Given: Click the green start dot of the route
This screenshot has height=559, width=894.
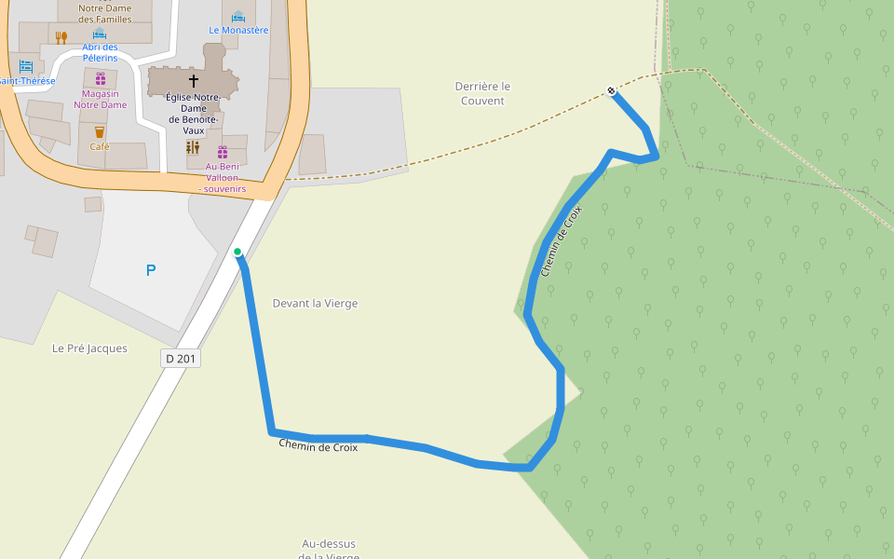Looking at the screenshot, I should (237, 252).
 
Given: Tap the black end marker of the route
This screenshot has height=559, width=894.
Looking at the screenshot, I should (611, 90).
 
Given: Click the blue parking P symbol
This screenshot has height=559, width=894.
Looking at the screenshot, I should (151, 270).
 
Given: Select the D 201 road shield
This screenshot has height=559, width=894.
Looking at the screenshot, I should (182, 358).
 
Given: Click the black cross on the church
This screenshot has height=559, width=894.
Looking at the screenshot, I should (194, 81).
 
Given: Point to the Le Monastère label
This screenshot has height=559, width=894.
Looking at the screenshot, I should (238, 30).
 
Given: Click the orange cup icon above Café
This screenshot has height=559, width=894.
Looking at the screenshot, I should (100, 131).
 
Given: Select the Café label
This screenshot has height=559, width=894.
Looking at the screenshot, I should (100, 146).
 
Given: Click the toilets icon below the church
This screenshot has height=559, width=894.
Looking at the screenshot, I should (193, 147).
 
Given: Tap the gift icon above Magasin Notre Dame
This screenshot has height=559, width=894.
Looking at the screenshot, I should (100, 78).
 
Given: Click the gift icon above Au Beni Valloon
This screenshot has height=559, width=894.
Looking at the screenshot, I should (223, 152).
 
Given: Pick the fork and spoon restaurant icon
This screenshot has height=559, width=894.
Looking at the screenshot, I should (61, 37).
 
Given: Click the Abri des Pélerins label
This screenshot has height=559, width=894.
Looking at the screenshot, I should (100, 52).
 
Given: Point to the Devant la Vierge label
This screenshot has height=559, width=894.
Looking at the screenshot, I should (315, 303).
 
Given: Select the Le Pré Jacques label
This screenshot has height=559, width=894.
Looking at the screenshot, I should (89, 348).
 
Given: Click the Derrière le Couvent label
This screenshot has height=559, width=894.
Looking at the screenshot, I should (482, 93).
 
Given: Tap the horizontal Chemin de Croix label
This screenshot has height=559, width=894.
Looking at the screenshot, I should (318, 445).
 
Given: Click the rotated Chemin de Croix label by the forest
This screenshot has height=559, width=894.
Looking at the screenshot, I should (561, 240).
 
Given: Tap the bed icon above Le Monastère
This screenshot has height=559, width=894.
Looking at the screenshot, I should (238, 16).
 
